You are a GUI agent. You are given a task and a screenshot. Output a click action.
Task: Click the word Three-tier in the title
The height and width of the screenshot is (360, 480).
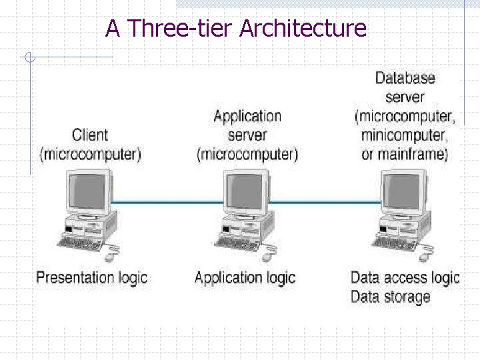pyautogui.click(x=179, y=29)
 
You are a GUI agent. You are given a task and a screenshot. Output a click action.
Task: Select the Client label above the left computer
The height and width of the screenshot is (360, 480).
pyautogui.click(x=90, y=135)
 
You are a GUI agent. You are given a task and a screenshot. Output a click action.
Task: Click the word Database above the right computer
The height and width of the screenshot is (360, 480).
pyautogui.click(x=405, y=78)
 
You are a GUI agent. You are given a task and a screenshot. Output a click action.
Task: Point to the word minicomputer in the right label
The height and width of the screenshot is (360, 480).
pyautogui.click(x=403, y=135)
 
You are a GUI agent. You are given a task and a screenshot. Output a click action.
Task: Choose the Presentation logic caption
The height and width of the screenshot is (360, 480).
pyautogui.click(x=91, y=277)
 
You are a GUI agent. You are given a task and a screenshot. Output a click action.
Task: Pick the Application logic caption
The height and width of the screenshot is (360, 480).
pyautogui.click(x=245, y=277)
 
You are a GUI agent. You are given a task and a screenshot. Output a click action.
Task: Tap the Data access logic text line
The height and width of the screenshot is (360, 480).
pyautogui.click(x=405, y=277)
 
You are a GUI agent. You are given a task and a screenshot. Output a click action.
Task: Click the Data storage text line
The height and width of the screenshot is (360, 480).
pyautogui.click(x=390, y=297)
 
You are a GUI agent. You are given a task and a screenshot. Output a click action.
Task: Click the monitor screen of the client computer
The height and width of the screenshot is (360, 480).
pyautogui.click(x=88, y=191)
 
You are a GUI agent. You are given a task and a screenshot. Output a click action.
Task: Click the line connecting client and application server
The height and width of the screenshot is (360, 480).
pyautogui.click(x=167, y=202)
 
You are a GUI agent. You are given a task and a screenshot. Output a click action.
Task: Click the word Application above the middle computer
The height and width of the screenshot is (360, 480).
pyautogui.click(x=247, y=116)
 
